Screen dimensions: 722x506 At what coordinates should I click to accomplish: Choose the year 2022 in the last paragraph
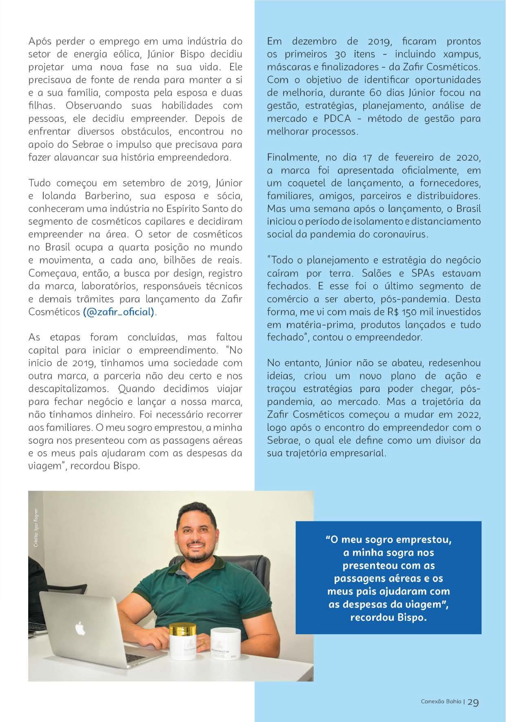[467, 415]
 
